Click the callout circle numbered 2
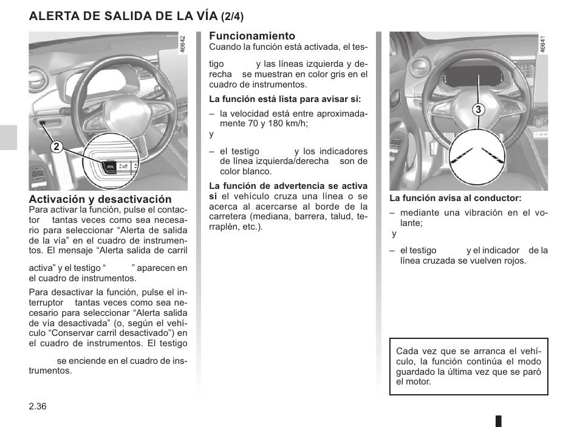click(x=55, y=147)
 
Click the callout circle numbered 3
click(x=479, y=110)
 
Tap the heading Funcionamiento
click(x=252, y=36)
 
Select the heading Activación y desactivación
click(x=100, y=199)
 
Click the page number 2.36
click(x=38, y=406)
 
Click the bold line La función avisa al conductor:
click(x=456, y=198)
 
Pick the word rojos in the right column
click(x=514, y=261)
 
